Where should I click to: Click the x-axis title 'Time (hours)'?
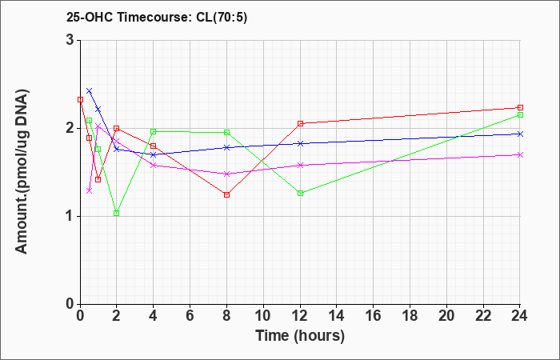pyautogui.click(x=300, y=335)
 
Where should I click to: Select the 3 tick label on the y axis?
pyautogui.click(x=70, y=40)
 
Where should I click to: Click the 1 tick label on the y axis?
pyautogui.click(x=70, y=216)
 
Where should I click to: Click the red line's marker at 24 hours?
pyautogui.click(x=521, y=107)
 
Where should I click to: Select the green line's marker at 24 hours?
pyautogui.click(x=521, y=115)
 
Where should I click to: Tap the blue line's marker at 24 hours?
pyautogui.click(x=521, y=134)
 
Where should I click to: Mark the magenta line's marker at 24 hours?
pyautogui.click(x=521, y=154)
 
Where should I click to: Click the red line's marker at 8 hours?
pyautogui.click(x=227, y=194)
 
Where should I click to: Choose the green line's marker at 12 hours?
pyautogui.click(x=301, y=193)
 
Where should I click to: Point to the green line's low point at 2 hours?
pyautogui.click(x=117, y=213)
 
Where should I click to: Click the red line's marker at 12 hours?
pyautogui.click(x=301, y=123)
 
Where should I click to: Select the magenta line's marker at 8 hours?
pyautogui.click(x=227, y=174)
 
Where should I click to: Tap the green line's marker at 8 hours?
pyautogui.click(x=227, y=132)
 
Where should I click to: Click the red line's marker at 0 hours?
pyautogui.click(x=80, y=99)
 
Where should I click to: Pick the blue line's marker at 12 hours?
pyautogui.click(x=301, y=143)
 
